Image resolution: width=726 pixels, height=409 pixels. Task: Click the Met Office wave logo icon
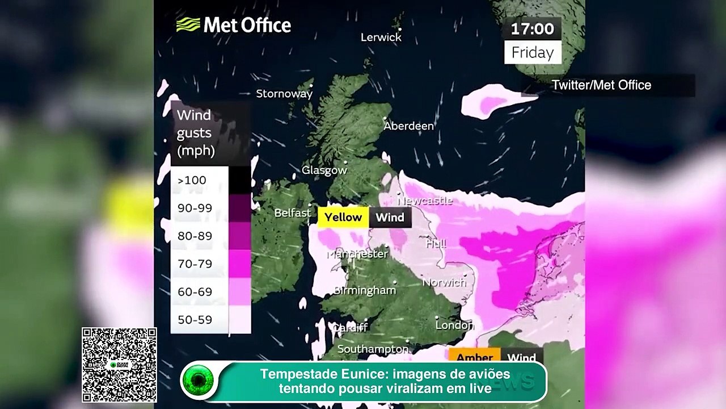point(188,25)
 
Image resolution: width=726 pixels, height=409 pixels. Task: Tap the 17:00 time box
point(532,29)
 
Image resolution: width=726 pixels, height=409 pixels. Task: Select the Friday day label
point(532,53)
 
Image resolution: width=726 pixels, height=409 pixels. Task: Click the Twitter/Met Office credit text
point(601,85)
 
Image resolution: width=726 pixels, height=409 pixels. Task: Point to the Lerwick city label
point(381,37)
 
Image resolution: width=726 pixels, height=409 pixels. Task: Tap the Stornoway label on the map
point(284,94)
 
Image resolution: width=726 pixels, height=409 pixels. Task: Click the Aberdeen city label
point(408,126)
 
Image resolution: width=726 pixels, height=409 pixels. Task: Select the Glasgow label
point(324,170)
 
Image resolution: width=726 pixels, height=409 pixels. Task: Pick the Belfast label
point(292,213)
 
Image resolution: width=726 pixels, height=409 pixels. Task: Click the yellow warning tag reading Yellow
point(343,217)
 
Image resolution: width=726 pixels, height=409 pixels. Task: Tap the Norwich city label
point(444,282)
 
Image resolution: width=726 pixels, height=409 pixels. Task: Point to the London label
point(454,325)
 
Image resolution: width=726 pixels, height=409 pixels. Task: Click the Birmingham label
point(364,290)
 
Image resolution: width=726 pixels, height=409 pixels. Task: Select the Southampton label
point(373,349)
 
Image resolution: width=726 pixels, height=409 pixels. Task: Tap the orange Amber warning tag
point(474,357)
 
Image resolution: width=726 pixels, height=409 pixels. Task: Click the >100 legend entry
point(192,181)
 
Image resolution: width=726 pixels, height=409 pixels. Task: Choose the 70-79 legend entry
point(195,264)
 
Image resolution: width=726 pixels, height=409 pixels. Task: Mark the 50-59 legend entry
point(195,319)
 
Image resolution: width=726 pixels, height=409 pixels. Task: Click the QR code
point(119,365)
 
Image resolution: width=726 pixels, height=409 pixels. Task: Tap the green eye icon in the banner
point(198,380)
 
